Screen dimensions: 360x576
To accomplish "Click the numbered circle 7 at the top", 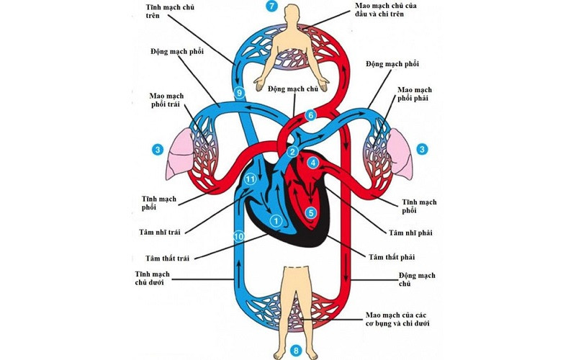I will pyautogui.click(x=271, y=6).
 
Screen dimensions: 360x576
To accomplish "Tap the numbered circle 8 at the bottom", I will pyautogui.click(x=294, y=351).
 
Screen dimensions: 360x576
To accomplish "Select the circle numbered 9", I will pyautogui.click(x=240, y=92).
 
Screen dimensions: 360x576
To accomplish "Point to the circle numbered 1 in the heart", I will pyautogui.click(x=274, y=220).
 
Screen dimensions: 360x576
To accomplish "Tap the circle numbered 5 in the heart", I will pyautogui.click(x=310, y=212).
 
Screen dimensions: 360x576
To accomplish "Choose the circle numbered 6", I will pyautogui.click(x=311, y=115).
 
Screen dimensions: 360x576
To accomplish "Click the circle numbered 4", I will pyautogui.click(x=313, y=163).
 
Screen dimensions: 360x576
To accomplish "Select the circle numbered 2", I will pyautogui.click(x=292, y=152).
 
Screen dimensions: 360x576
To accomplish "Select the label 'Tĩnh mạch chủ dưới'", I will pyautogui.click(x=155, y=279).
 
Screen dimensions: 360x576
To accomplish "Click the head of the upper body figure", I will pyautogui.click(x=292, y=14).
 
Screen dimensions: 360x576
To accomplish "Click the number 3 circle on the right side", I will pyautogui.click(x=423, y=150).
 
